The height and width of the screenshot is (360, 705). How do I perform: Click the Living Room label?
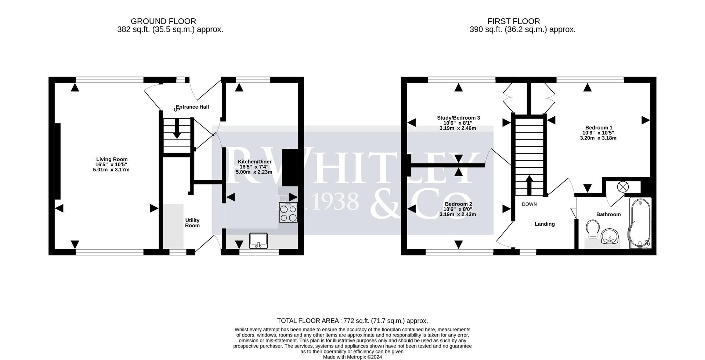112,159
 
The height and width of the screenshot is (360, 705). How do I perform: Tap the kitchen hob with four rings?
288,213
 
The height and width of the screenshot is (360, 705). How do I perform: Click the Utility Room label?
192,223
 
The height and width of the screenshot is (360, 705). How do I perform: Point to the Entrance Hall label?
192,107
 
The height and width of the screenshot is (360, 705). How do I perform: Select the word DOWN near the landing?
529,204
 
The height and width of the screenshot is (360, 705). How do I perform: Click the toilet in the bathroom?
592,228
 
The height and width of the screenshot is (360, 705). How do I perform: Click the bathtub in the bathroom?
640,223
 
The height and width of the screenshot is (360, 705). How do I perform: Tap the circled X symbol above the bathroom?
623,187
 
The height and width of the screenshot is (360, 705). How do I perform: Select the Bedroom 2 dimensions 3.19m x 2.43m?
458,214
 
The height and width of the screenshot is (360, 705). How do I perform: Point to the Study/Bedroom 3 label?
458,118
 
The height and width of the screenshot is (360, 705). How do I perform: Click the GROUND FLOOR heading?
163,21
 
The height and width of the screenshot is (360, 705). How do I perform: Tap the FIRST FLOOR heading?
513,21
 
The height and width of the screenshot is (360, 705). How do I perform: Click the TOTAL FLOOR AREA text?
352,321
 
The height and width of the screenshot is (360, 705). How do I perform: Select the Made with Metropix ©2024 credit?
352,357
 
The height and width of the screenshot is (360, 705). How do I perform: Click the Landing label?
544,224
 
